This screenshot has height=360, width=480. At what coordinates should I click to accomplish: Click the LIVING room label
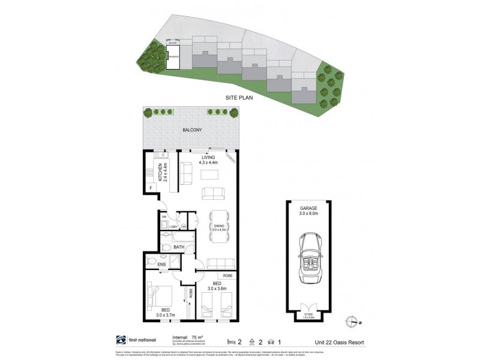[x=208, y=158]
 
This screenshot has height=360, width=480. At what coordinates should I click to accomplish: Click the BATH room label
[x=179, y=247]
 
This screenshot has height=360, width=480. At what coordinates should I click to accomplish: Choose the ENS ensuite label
[x=161, y=264]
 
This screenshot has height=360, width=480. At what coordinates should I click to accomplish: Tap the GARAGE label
[x=310, y=208]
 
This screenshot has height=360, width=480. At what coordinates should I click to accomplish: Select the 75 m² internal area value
[x=196, y=338]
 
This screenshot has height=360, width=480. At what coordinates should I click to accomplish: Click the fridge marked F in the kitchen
[x=151, y=188]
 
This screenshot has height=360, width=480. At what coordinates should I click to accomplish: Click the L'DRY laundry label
[x=173, y=226]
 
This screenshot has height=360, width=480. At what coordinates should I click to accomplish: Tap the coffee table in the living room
[x=209, y=175]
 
